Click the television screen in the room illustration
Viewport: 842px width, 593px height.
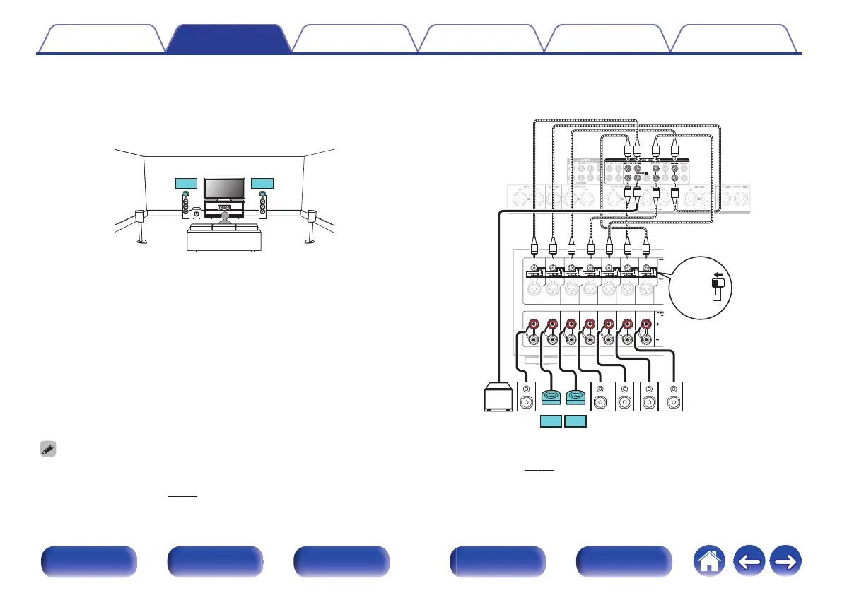224,189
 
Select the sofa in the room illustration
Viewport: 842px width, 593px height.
224,238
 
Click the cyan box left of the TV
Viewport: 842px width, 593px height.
186,184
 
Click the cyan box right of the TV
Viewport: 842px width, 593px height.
262,184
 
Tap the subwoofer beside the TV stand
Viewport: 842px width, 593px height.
197,212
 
